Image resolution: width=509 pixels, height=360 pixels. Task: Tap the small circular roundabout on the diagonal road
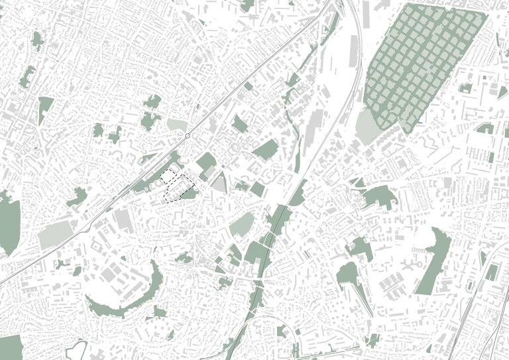coord(188,136)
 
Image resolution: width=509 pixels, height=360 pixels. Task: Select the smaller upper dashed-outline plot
coord(170,177)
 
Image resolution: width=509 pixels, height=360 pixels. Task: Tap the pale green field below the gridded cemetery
coord(367,126)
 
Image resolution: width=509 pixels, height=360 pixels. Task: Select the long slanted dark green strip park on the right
coord(432,262)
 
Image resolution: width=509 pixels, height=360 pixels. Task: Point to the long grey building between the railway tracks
coord(312,133)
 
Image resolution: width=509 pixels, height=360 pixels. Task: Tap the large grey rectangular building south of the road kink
coord(123,220)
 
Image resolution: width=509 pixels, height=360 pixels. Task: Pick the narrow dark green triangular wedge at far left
coord(44,108)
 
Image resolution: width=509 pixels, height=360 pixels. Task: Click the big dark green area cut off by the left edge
coord(9,222)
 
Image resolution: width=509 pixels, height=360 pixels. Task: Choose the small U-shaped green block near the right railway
coord(491,272)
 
